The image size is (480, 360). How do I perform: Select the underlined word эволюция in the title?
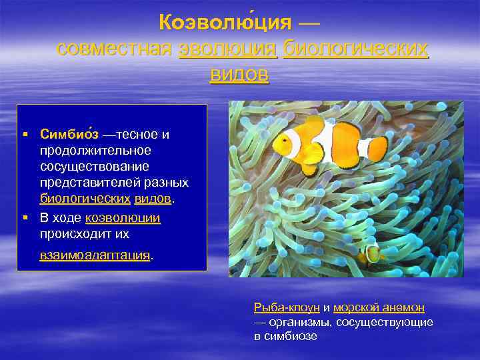(x=228, y=49)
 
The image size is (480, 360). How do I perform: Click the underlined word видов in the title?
(x=239, y=74)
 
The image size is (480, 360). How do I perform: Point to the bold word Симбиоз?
(x=69, y=135)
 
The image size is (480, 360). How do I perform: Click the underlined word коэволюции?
(x=123, y=218)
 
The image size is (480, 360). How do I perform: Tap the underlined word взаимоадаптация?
(x=95, y=255)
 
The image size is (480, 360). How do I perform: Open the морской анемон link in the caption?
(x=379, y=307)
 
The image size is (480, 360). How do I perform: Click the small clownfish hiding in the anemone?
(x=371, y=254)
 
